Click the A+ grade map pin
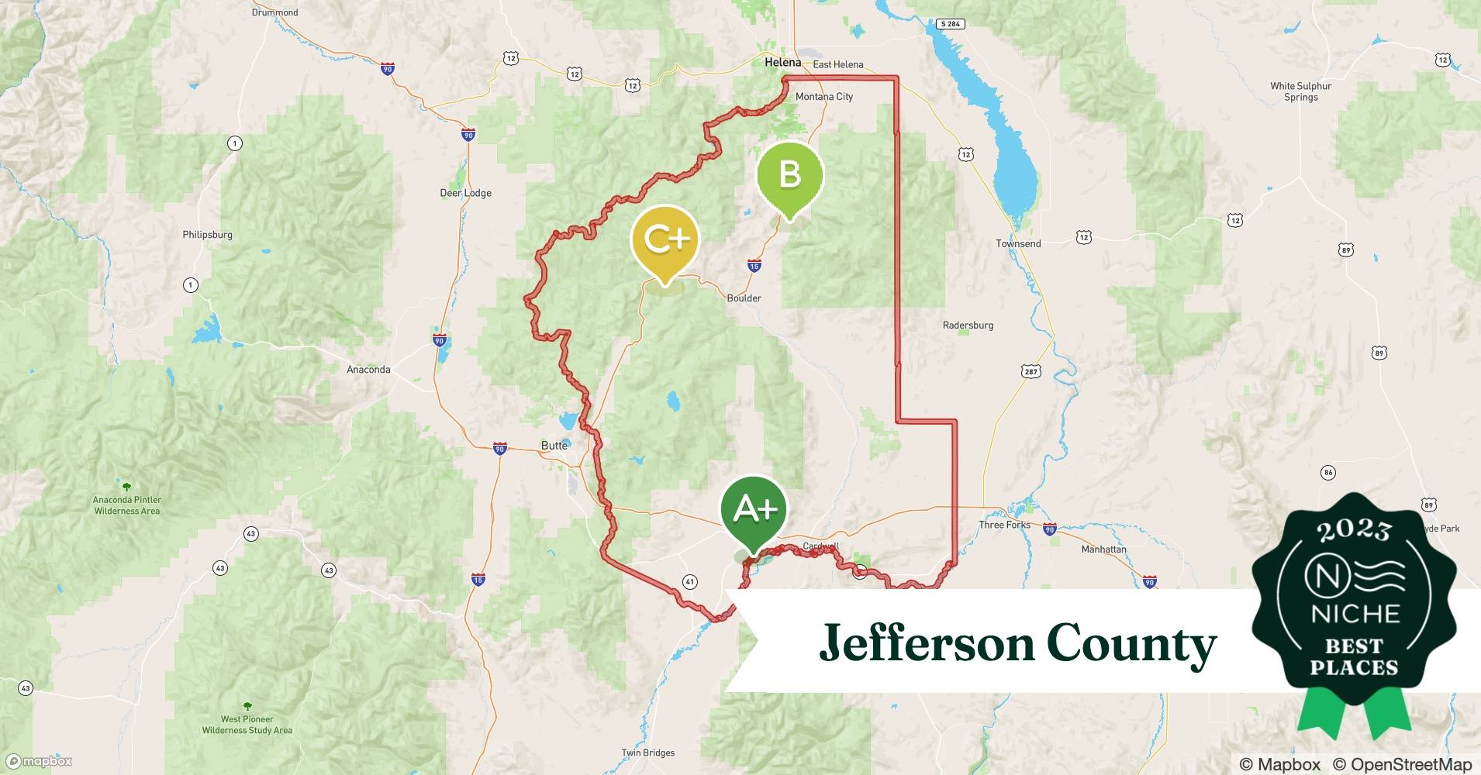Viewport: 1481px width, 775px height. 754,510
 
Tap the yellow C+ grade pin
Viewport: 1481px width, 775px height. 665,240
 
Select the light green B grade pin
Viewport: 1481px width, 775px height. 789,174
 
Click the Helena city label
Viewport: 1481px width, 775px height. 782,63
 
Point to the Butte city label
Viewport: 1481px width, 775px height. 554,446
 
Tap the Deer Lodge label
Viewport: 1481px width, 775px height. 465,193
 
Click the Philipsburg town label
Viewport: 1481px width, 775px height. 207,235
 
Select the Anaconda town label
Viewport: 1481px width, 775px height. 368,370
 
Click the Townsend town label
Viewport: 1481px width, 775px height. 1018,243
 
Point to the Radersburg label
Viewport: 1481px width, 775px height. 968,325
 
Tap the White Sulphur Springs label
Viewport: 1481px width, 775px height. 1300,91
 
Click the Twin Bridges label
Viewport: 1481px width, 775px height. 647,753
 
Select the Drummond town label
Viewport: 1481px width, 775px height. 274,12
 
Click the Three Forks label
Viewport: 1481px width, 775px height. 1004,525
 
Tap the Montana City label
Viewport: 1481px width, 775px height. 823,97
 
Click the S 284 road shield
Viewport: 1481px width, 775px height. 950,24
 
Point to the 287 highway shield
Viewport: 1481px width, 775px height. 1030,372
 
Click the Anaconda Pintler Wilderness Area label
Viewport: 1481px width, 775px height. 127,505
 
